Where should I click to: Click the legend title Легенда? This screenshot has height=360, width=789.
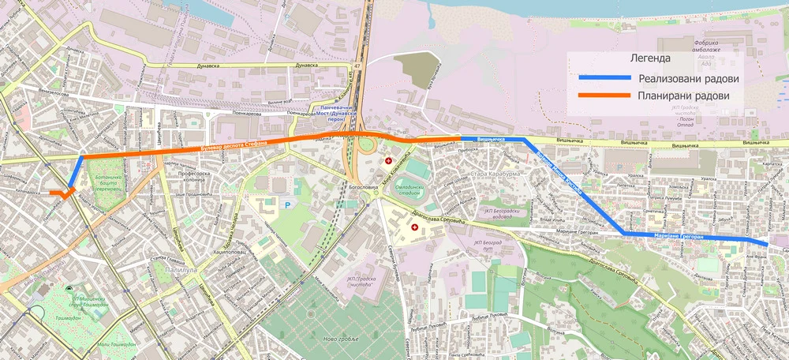[650, 58]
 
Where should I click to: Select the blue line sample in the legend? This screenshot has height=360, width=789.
[605, 78]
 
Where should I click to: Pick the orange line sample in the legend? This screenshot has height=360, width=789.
[605, 96]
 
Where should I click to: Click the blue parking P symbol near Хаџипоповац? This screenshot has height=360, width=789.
[287, 204]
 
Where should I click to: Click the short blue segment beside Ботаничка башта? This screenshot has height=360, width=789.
[76, 171]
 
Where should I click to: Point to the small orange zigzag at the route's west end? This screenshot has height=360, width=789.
[58, 193]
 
